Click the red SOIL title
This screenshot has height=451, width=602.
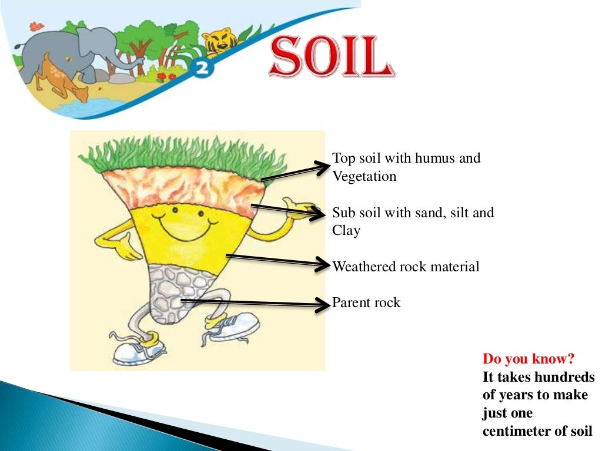pos(332,57)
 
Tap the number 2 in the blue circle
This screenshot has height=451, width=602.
pos(203,69)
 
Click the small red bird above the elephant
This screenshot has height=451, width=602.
pos(36,26)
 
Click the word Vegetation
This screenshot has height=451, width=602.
pos(364,176)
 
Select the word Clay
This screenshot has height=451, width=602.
pos(346,231)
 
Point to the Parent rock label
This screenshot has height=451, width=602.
pos(366,303)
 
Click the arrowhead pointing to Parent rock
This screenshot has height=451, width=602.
pos(323,304)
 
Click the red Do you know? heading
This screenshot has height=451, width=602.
pos(529,358)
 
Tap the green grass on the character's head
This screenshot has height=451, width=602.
pos(182,153)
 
